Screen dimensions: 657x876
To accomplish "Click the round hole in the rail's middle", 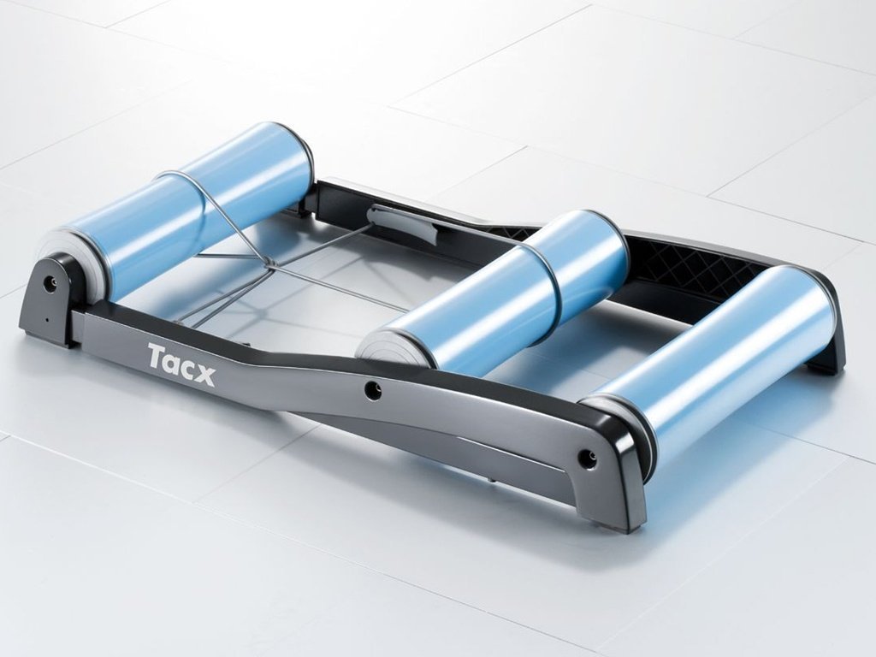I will (372, 390).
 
